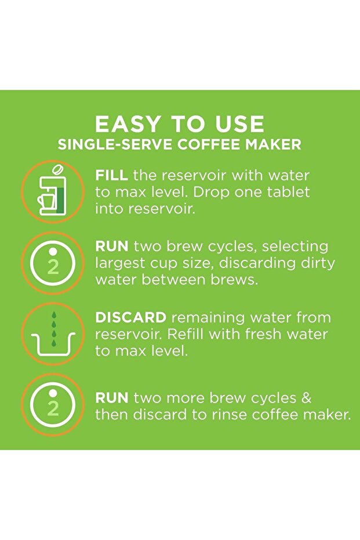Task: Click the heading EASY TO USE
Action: tap(179, 124)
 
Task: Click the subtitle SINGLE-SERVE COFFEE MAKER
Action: tap(179, 144)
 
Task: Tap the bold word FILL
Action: tap(111, 175)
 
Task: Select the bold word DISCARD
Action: tap(131, 317)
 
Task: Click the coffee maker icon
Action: tap(52, 190)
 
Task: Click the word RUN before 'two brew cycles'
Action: tap(112, 247)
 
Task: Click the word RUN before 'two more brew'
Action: tap(112, 398)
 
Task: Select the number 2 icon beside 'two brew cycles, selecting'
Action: tap(53, 263)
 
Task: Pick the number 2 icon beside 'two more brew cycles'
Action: tap(53, 405)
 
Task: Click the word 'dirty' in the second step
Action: tap(318, 263)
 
